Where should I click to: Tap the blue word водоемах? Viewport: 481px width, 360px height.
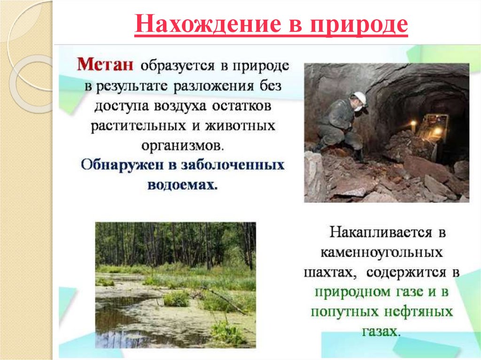pos(183,184)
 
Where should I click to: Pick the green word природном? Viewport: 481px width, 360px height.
pos(351,292)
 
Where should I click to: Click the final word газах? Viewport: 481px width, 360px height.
pos(381,331)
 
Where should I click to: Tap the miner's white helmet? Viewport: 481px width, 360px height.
pos(360,98)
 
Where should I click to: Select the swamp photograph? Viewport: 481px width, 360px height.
pos(176,284)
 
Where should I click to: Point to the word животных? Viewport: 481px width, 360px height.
pos(247,127)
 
